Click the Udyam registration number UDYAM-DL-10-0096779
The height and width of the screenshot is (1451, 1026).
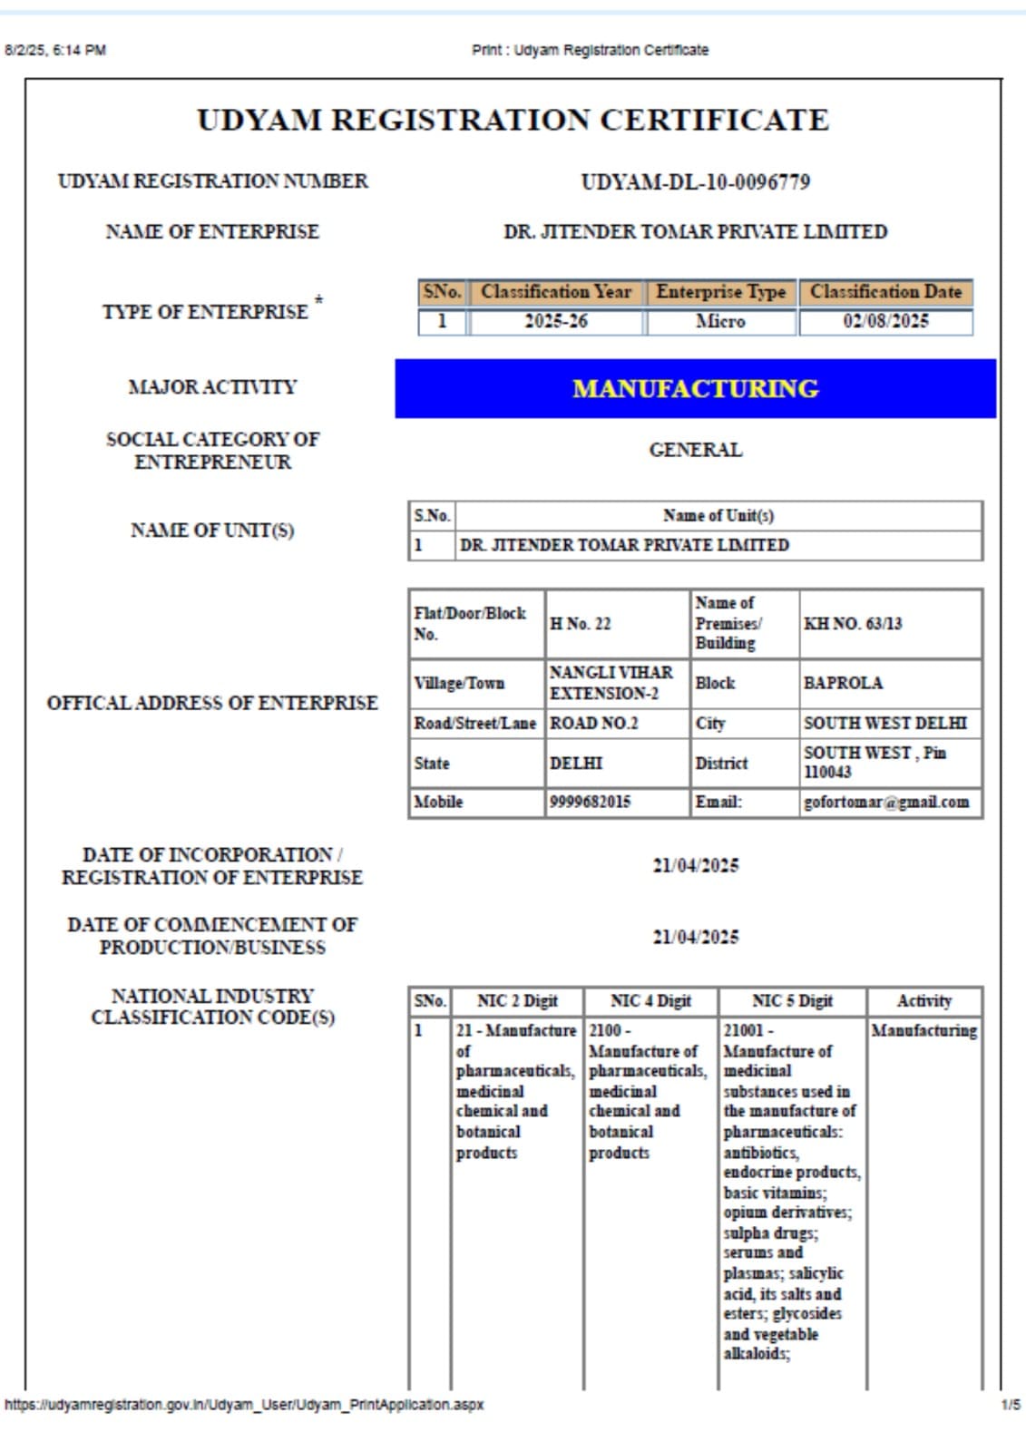pos(695,182)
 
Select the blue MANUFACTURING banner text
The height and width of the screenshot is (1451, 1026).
pos(695,389)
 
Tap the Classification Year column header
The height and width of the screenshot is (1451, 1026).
pos(556,292)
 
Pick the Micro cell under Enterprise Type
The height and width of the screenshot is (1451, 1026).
pos(720,322)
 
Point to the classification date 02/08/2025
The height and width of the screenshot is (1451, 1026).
pos(885,322)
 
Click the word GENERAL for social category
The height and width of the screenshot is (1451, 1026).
pos(695,450)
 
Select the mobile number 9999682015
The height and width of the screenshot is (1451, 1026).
pos(590,803)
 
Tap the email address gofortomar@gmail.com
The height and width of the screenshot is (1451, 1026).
pos(886,803)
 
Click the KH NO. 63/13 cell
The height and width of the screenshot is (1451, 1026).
pos(853,624)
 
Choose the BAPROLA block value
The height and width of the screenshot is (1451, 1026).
pos(843,683)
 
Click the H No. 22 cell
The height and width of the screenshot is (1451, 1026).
pos(581,624)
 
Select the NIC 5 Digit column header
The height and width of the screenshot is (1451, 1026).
pos(792,1001)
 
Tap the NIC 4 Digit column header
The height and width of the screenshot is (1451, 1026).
pos(650,1001)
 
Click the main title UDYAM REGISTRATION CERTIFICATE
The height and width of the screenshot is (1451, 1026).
pos(513,120)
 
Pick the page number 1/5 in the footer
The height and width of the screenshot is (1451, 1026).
pos(1011,1405)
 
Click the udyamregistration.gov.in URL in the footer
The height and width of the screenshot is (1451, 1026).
pos(244,1405)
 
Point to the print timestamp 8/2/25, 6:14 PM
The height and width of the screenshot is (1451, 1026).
pos(55,50)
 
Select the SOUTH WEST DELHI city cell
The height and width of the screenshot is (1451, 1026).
pos(885,724)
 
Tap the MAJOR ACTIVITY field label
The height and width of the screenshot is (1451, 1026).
pos(212,387)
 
